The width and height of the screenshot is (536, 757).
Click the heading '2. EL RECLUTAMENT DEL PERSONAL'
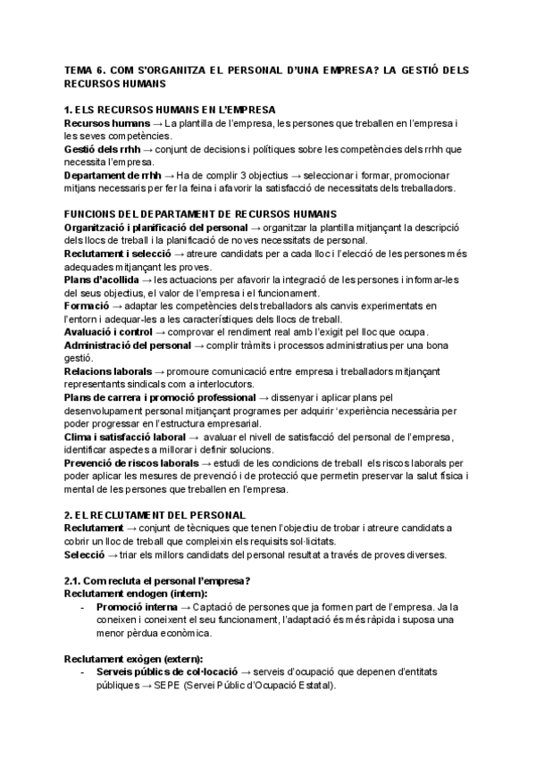tap(155, 516)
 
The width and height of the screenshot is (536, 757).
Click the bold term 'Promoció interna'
tap(143, 606)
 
